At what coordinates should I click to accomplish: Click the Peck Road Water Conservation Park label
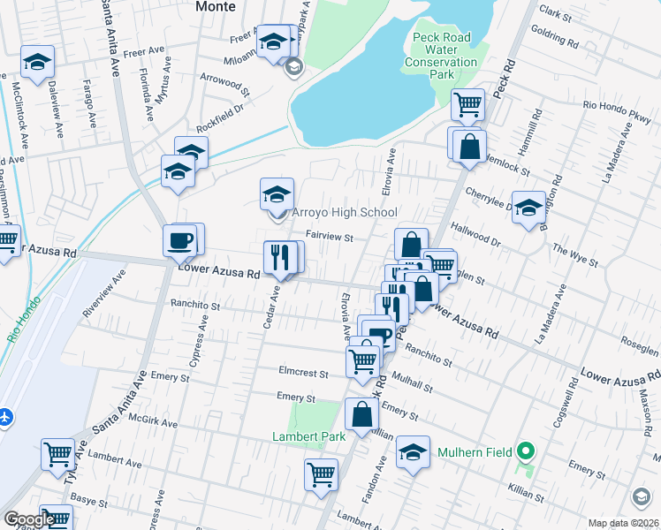tap(441, 51)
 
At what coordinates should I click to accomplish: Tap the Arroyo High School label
tap(345, 213)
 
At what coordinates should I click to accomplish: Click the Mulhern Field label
tap(475, 453)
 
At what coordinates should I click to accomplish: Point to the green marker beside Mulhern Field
tap(527, 453)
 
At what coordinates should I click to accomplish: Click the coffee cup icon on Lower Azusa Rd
tap(181, 239)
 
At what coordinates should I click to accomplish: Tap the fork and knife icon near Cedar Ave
tap(281, 258)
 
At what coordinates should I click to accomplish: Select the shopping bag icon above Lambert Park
tap(362, 414)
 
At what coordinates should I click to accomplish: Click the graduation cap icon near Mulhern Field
tap(412, 453)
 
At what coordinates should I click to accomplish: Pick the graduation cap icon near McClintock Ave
tap(37, 63)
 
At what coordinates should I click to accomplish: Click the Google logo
tap(29, 519)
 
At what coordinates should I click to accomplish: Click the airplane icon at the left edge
tap(4, 415)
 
